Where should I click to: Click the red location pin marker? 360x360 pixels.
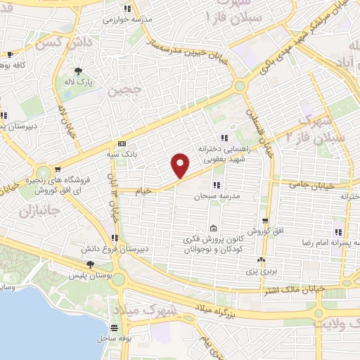point(181,165)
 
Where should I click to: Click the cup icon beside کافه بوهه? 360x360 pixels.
point(9,54)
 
